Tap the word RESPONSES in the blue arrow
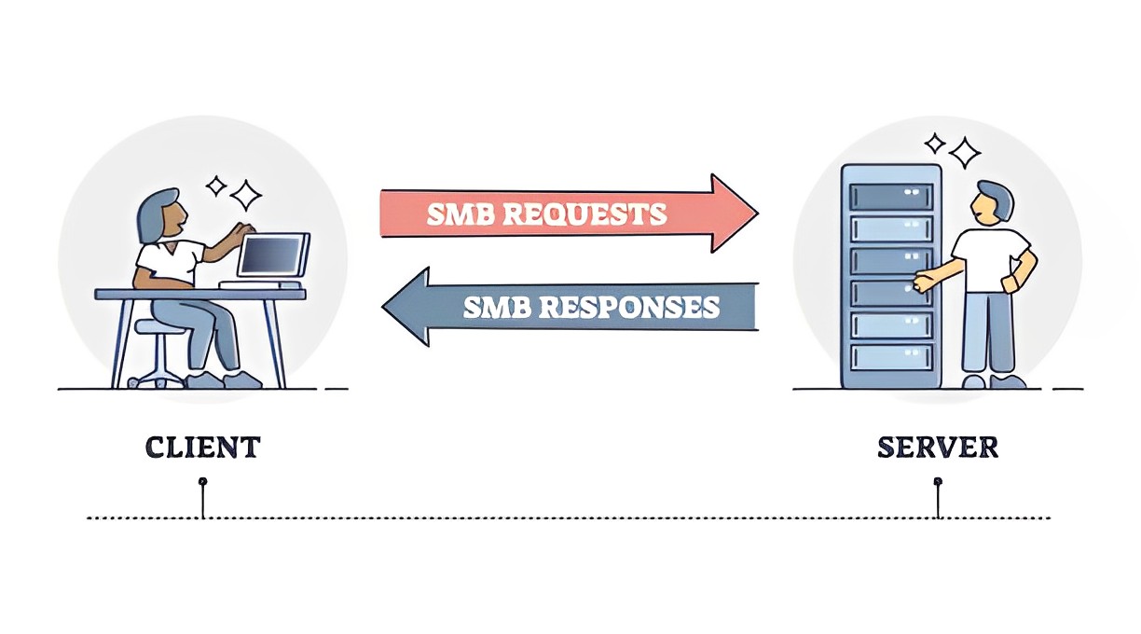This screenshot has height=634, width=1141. point(639,307)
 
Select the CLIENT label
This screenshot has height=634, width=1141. point(202,447)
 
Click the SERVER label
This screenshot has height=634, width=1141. point(938,447)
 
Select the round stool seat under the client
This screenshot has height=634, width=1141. point(154,326)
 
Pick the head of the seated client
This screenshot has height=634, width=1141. point(159,216)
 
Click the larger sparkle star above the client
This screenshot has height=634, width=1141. point(247,195)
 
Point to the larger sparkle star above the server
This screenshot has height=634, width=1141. point(965,152)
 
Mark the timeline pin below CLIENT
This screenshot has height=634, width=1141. point(202,482)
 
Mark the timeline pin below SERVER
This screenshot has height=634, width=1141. point(938,482)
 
